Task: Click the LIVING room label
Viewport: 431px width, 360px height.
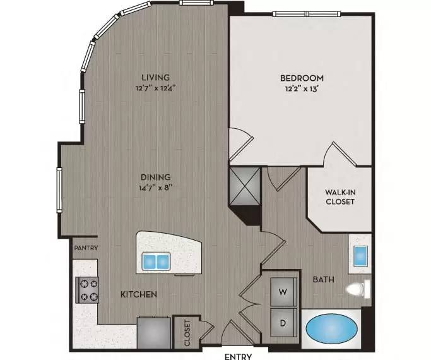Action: coord(156,77)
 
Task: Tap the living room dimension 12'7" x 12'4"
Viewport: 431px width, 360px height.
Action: coord(156,88)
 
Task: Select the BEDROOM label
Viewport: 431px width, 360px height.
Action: coord(302,78)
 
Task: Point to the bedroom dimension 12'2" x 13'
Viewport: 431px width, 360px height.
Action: coord(302,89)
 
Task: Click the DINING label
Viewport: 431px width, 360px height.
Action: coord(156,177)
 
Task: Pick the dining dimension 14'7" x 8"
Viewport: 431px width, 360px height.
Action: coord(156,188)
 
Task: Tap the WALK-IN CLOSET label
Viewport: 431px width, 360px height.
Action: coord(340,197)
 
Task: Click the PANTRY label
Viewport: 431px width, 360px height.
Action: coord(86,248)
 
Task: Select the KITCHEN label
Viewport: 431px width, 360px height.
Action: coord(139,294)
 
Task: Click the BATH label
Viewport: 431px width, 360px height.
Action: coord(324,280)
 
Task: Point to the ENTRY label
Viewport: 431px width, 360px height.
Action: coord(238,357)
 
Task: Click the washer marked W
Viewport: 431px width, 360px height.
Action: coord(284,292)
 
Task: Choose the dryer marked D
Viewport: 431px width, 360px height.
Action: coord(284,323)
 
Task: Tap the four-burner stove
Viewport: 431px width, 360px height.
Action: coord(87,290)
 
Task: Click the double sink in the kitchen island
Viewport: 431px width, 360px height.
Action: coord(156,261)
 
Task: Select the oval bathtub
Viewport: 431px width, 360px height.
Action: coord(332,328)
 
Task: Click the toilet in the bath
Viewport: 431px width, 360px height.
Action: coord(358,289)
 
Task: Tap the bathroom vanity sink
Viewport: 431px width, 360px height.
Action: coord(360,256)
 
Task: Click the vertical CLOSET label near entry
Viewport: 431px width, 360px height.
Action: coord(187,333)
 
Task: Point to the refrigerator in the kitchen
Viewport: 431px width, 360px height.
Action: coord(154,333)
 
